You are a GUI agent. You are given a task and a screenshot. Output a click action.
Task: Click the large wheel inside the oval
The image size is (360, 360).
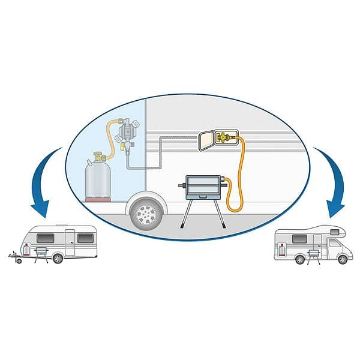145,212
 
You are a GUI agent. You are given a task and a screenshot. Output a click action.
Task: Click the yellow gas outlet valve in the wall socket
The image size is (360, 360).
224,138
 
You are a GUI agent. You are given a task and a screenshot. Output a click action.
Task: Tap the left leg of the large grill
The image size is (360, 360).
185,218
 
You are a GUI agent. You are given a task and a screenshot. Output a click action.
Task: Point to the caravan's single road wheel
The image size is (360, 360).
57,259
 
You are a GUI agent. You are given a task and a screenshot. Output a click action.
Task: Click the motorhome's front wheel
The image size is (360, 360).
341,259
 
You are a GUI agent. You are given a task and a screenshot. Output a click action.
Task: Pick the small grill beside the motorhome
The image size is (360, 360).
312,254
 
